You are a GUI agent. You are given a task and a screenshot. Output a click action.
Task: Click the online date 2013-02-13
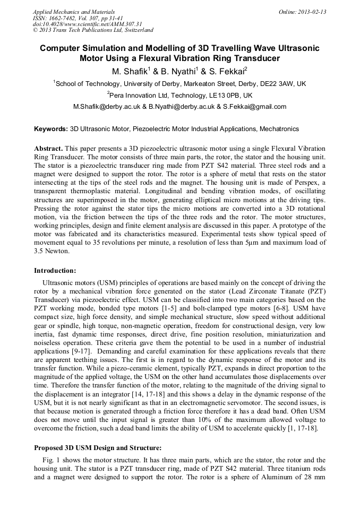pyautogui.click(x=313, y=12)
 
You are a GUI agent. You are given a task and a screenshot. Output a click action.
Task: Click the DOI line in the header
pyautogui.click(x=87, y=24)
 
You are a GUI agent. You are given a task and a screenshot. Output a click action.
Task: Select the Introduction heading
pyautogui.click(x=55, y=271)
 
